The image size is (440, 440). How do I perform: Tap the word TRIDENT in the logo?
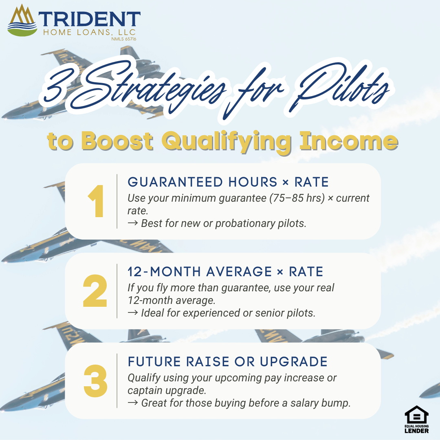(90, 19)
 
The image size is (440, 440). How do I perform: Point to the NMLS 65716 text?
(123, 39)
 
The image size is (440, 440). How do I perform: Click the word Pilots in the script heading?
(342, 88)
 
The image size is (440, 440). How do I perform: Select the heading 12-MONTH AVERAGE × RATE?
(225, 271)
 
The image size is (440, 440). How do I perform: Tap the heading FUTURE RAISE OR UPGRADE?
(228, 361)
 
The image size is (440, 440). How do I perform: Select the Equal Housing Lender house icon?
(416, 416)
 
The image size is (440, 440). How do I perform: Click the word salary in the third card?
(300, 403)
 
